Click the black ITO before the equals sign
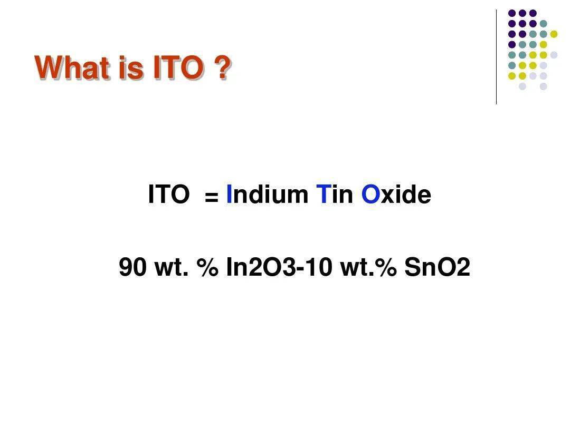pyautogui.click(x=169, y=194)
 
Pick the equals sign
pyautogui.click(x=212, y=198)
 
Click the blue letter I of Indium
pyautogui.click(x=229, y=194)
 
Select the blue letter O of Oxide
pyautogui.click(x=370, y=194)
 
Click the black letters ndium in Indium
pyautogui.click(x=270, y=194)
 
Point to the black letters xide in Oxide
pyautogui.click(x=406, y=194)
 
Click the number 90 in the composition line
pyautogui.click(x=132, y=267)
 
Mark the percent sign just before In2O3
pyautogui.click(x=208, y=267)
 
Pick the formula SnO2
pyautogui.click(x=438, y=267)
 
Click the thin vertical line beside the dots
pyautogui.click(x=496, y=57)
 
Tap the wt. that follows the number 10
pyautogui.click(x=357, y=268)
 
